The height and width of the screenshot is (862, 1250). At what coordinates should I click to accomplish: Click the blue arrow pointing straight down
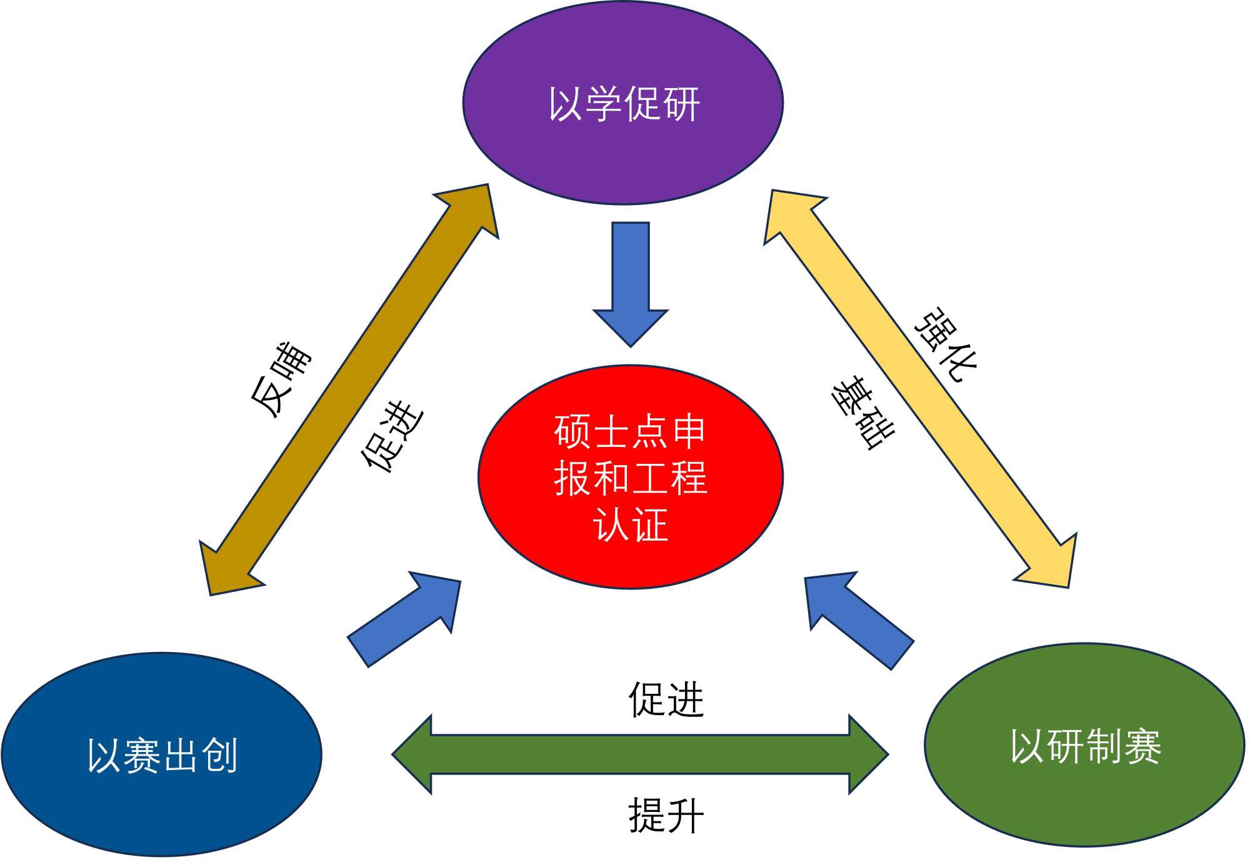click(x=631, y=281)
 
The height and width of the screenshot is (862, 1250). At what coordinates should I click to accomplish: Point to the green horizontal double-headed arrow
click(x=640, y=754)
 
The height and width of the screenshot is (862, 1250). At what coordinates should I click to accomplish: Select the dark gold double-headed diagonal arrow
click(x=349, y=389)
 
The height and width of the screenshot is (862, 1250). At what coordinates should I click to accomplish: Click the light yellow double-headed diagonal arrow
click(x=920, y=388)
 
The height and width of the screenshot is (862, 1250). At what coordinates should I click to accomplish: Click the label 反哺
click(x=281, y=379)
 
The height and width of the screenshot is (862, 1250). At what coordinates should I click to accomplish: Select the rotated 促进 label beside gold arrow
click(x=392, y=436)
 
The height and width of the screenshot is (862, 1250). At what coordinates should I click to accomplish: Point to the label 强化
click(x=946, y=344)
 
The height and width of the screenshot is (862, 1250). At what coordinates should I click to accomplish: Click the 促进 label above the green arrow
click(x=666, y=699)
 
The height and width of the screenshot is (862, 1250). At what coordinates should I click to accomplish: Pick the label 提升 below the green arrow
click(x=666, y=815)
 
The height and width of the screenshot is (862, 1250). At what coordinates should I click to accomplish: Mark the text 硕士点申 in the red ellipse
click(x=630, y=431)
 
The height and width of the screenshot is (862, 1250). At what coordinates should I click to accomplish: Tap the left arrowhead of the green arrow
click(x=412, y=754)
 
